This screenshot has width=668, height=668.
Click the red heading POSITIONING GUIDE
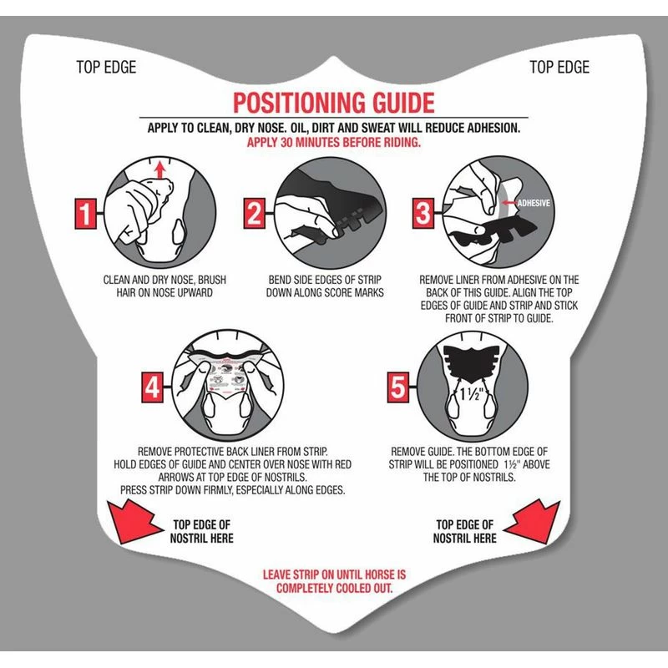pyautogui.click(x=333, y=103)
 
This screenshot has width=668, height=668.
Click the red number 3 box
pyautogui.click(x=424, y=214)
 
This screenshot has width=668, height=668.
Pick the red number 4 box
pyautogui.click(x=153, y=387)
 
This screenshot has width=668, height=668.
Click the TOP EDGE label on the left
pyautogui.click(x=105, y=68)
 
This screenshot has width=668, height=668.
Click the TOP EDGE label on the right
pyautogui.click(x=560, y=68)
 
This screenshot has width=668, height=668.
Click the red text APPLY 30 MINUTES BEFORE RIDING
pyautogui.click(x=333, y=143)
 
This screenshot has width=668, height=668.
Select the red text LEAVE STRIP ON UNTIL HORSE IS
pyautogui.click(x=334, y=575)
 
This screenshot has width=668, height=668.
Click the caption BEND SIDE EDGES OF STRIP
pyautogui.click(x=325, y=280)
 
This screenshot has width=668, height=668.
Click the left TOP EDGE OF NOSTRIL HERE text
pyautogui.click(x=203, y=532)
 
